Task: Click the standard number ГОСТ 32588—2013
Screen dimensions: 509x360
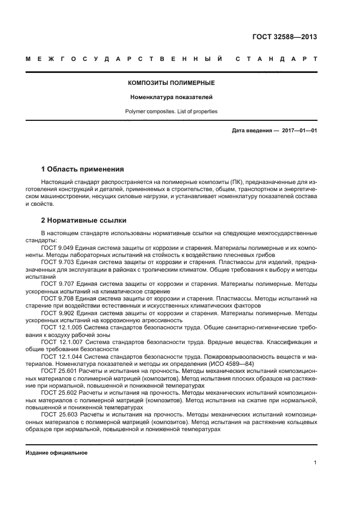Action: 284,37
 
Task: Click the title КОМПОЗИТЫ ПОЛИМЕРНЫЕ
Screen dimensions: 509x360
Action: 171,83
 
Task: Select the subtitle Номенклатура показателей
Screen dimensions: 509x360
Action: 171,97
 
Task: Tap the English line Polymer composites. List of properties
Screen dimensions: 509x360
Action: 171,111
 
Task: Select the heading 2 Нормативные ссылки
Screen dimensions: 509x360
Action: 84,220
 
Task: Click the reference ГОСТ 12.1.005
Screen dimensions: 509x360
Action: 61,328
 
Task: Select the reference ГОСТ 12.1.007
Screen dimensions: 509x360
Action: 61,342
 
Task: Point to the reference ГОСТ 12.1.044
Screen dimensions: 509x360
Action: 61,357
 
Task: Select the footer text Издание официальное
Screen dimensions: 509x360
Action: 57,453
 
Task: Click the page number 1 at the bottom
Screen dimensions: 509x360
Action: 315,463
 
